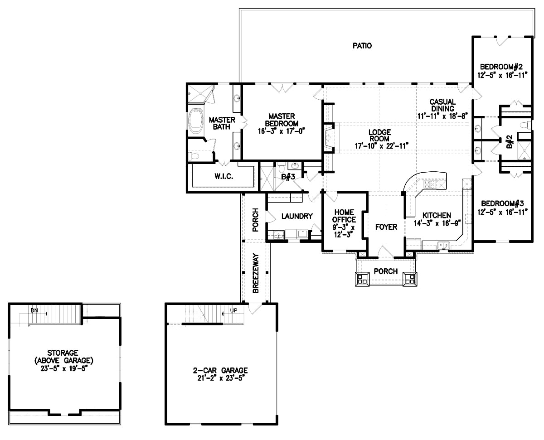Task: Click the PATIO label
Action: pyautogui.click(x=362, y=45)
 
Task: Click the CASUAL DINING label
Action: pyautogui.click(x=442, y=105)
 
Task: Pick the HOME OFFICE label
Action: pyautogui.click(x=345, y=216)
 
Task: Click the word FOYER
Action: pyautogui.click(x=386, y=227)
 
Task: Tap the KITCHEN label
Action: pyautogui.click(x=437, y=215)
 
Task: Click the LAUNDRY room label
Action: pyautogui.click(x=297, y=216)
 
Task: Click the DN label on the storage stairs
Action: pyautogui.click(x=34, y=311)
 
